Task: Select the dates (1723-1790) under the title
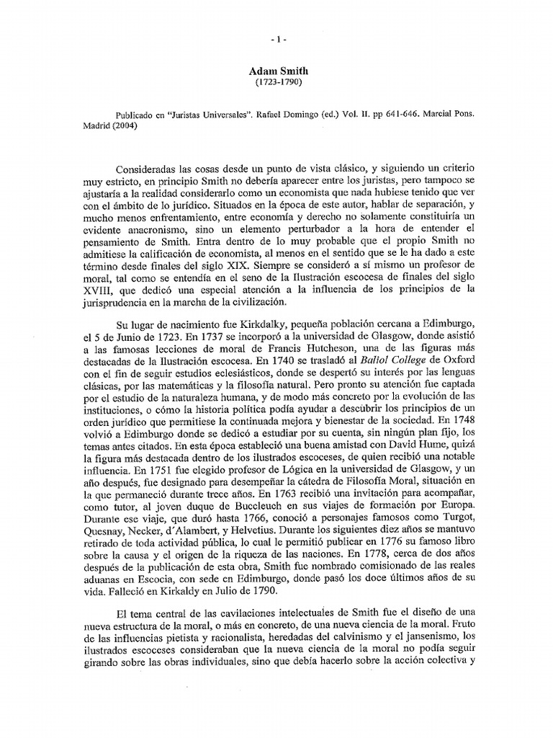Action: [x=276, y=84]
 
